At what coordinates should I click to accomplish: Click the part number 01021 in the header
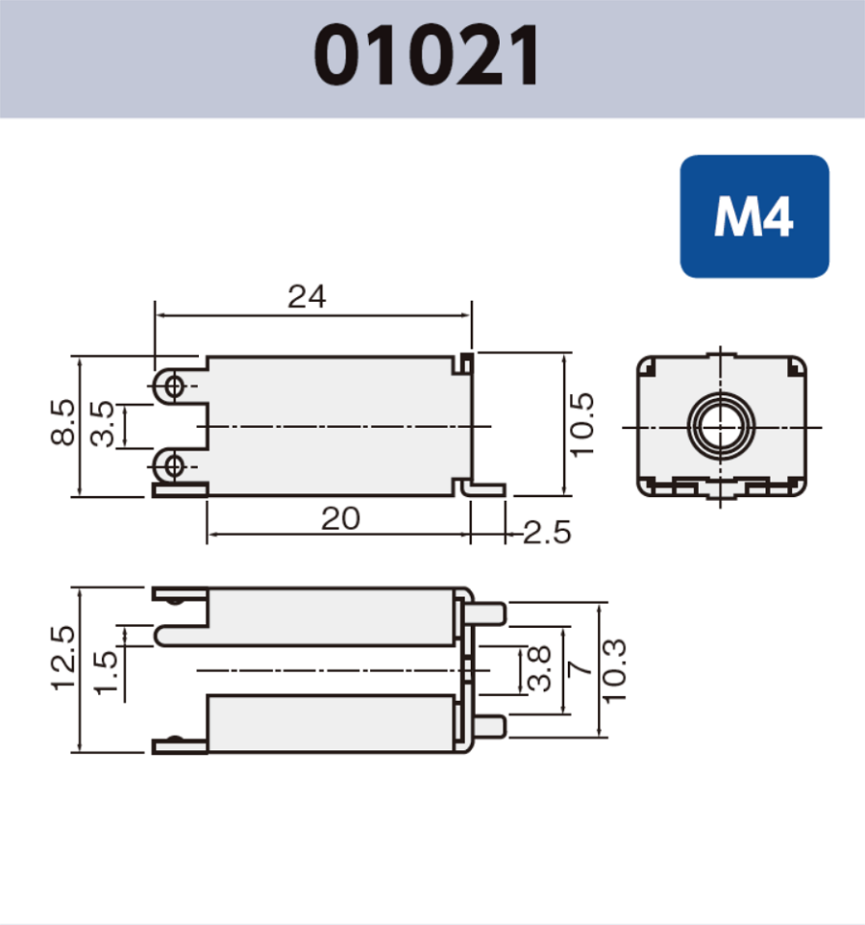coord(429,56)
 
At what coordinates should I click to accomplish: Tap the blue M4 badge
coord(754,217)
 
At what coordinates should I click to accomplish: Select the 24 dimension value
coord(307,297)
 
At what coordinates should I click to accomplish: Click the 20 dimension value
coord(340,519)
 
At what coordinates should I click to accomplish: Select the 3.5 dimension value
coord(102,425)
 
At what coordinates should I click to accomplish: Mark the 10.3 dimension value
coord(616,669)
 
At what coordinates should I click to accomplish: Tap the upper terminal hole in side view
coord(173,387)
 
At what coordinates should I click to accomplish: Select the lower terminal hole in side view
coord(173,466)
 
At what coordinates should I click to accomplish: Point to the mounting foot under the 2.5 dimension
coord(486,489)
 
